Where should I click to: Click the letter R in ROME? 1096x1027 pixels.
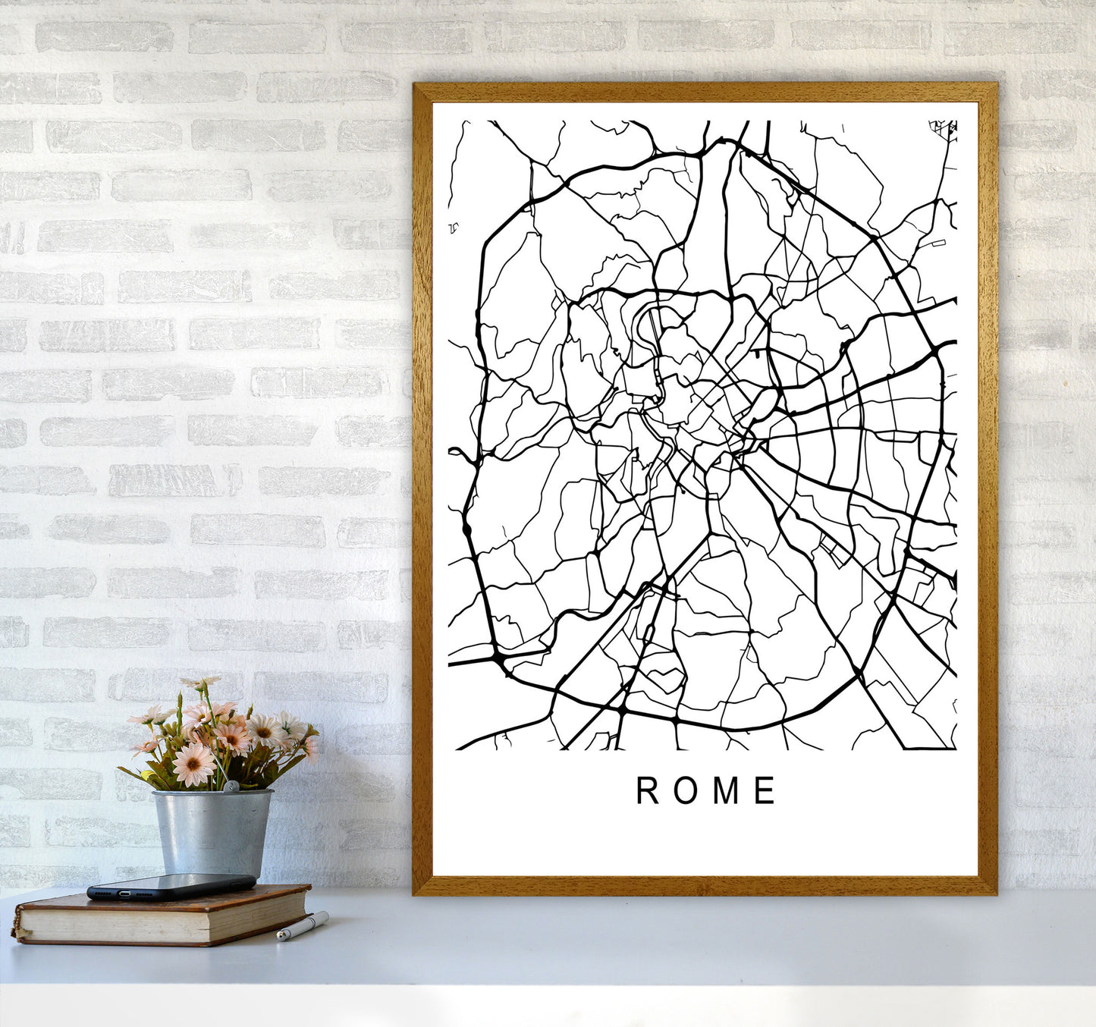click(647, 790)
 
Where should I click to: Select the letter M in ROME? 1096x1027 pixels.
click(726, 790)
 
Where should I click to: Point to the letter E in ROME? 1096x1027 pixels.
click(765, 790)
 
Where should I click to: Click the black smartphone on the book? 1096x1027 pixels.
click(171, 887)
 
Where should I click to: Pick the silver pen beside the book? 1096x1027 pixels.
click(302, 926)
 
